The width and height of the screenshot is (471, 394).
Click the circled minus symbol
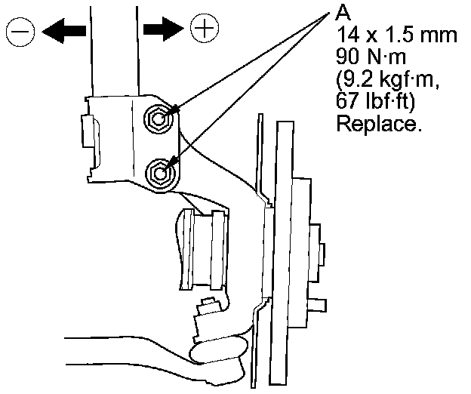coord(20,31)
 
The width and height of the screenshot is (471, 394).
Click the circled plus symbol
coord(203,29)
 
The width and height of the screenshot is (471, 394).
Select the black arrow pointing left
coord(63,30)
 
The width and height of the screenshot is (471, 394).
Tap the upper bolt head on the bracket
coord(159,117)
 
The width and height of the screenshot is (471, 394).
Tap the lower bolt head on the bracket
coord(159,172)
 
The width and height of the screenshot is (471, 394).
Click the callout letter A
coord(341,14)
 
